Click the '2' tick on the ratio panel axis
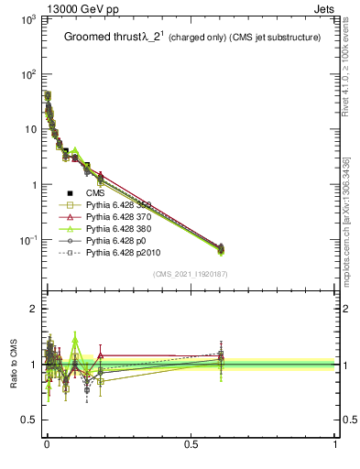point(31,309)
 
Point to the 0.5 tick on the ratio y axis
point(27,420)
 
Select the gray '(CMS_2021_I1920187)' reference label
point(191,274)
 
